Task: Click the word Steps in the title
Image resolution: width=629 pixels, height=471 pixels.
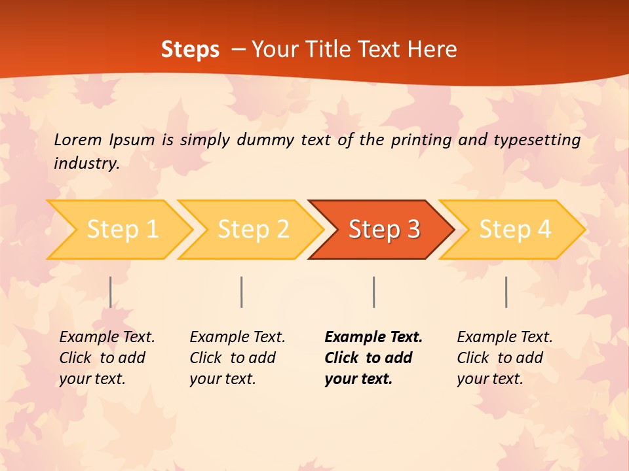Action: (x=190, y=50)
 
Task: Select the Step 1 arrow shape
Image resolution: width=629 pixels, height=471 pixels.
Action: (x=122, y=229)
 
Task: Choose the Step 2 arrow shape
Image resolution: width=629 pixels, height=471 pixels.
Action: (x=253, y=229)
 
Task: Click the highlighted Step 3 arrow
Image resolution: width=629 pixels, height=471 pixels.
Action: (x=384, y=229)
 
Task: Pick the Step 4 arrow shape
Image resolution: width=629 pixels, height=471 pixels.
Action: (x=515, y=229)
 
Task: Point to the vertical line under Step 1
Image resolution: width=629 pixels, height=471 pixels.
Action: (x=111, y=292)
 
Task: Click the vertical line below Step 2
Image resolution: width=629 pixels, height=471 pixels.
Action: (x=242, y=292)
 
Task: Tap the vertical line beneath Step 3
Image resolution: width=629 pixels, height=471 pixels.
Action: (x=373, y=292)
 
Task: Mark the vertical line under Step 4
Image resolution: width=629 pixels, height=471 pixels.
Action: (x=506, y=292)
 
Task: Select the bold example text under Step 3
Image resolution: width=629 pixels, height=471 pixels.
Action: (x=372, y=358)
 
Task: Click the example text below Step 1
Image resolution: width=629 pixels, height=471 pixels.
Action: (x=106, y=358)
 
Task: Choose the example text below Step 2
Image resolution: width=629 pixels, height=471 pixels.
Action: (x=237, y=358)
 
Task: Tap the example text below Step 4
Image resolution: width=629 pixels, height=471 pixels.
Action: (x=504, y=358)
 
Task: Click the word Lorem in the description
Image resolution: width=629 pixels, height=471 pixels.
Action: (x=77, y=140)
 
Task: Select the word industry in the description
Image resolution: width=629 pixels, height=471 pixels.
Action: (x=86, y=164)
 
